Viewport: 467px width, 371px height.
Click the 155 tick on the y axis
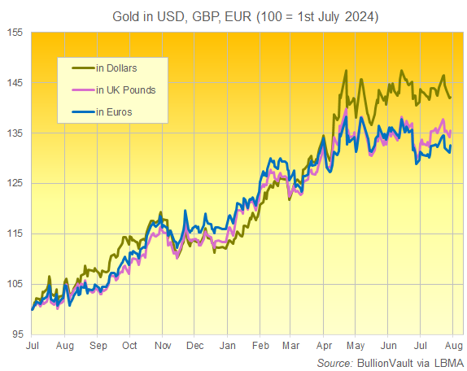(15, 33)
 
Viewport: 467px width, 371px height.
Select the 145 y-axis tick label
(15, 83)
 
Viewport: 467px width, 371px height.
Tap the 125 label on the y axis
(15, 184)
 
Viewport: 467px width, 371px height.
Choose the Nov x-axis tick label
(164, 346)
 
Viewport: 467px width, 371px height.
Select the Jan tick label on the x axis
(229, 346)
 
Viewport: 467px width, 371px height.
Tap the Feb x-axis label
(262, 346)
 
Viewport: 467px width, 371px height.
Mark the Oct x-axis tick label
(130, 346)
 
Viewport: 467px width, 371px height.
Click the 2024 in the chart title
(357, 15)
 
